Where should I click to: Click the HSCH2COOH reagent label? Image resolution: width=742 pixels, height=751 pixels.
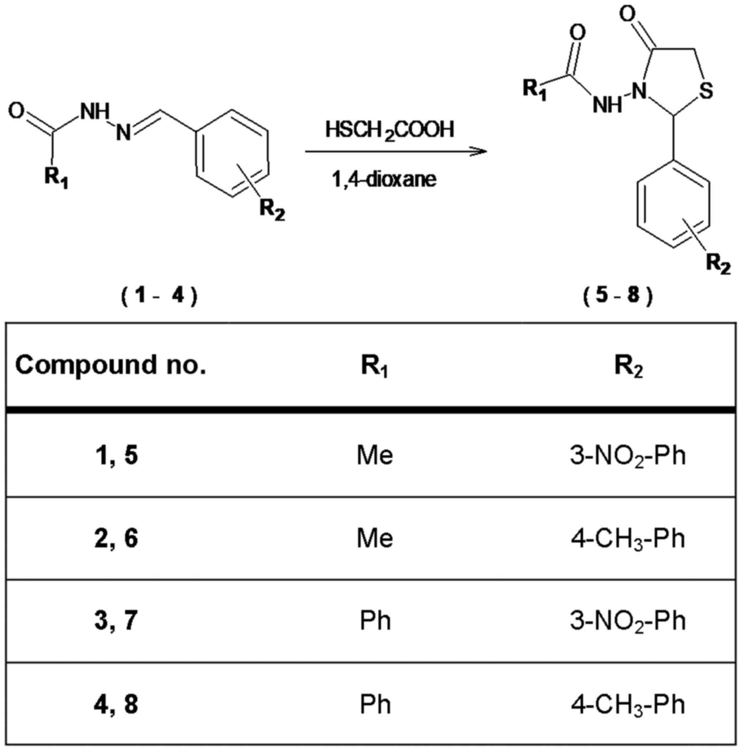point(389,130)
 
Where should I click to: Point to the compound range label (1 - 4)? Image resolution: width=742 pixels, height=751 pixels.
point(160,296)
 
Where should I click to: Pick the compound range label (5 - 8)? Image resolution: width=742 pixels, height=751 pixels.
point(618,296)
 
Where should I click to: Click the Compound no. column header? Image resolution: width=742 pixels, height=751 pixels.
point(110,365)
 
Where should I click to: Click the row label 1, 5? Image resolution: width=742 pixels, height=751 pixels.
point(116,455)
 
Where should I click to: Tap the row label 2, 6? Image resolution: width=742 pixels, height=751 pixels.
point(116,538)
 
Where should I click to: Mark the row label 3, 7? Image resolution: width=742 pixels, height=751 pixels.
point(116,621)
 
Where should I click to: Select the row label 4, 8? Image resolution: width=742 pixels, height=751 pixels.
point(116,704)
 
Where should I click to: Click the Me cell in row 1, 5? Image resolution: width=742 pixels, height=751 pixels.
point(375,455)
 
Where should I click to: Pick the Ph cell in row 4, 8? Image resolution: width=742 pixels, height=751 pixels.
point(375,704)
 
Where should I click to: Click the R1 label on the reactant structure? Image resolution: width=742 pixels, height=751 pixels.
point(56,178)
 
